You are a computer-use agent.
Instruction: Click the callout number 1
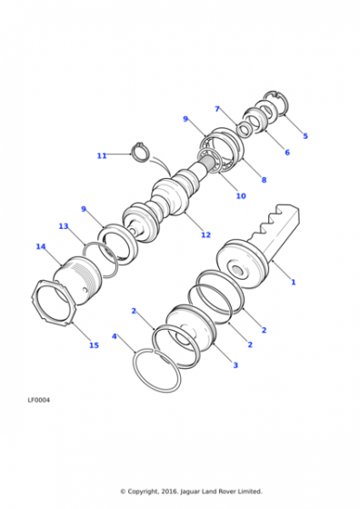pos(293,282)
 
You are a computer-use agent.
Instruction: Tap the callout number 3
pos(235,365)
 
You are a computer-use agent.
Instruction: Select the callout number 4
pos(114,336)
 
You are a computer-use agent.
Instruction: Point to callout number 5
pos(305,136)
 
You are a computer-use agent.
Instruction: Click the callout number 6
pos(287,153)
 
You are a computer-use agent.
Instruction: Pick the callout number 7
pos(217,109)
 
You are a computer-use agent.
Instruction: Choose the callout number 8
pos(264,180)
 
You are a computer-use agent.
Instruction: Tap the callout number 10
pos(241,195)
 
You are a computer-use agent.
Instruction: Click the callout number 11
pos(102,155)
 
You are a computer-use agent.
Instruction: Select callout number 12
pos(205,235)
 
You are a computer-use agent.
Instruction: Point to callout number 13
pos(64,226)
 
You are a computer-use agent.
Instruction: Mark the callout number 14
pos(41,246)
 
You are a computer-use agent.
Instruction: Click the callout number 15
pos(95,345)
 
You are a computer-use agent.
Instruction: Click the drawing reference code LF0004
pos(38,400)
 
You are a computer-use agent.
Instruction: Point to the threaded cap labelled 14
pos(78,281)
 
